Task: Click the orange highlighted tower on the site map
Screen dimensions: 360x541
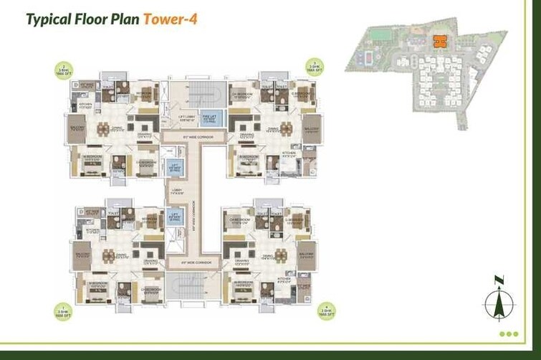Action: [x=439, y=42]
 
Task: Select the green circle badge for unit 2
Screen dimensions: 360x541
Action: [x=62, y=70]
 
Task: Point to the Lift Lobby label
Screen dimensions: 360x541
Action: [x=187, y=118]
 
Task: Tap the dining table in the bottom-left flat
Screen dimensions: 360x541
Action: [x=108, y=255]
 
